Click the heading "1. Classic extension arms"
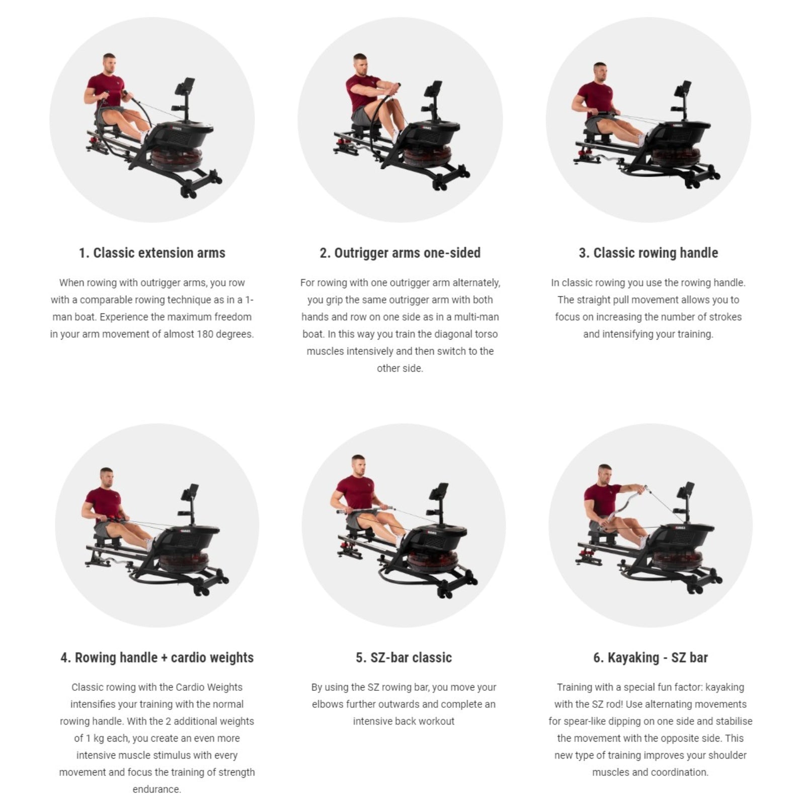(152, 253)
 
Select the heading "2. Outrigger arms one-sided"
(400, 253)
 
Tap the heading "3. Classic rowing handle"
(648, 253)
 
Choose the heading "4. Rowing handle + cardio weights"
(157, 657)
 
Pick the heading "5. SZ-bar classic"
(404, 657)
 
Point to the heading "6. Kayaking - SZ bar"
(650, 657)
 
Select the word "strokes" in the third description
(725, 317)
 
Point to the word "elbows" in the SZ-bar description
(328, 704)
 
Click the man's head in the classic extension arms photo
(109, 63)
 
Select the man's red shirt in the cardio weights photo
(104, 503)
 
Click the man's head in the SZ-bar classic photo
(357, 466)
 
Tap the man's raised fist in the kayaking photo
(642, 488)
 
